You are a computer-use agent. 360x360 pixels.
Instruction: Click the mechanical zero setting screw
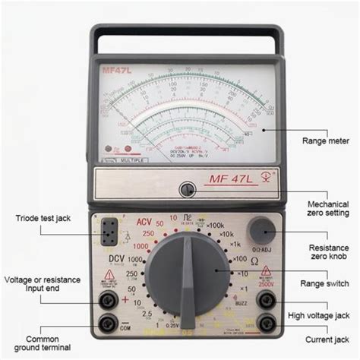(186, 189)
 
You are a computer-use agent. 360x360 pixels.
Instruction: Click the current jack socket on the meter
(266, 324)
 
